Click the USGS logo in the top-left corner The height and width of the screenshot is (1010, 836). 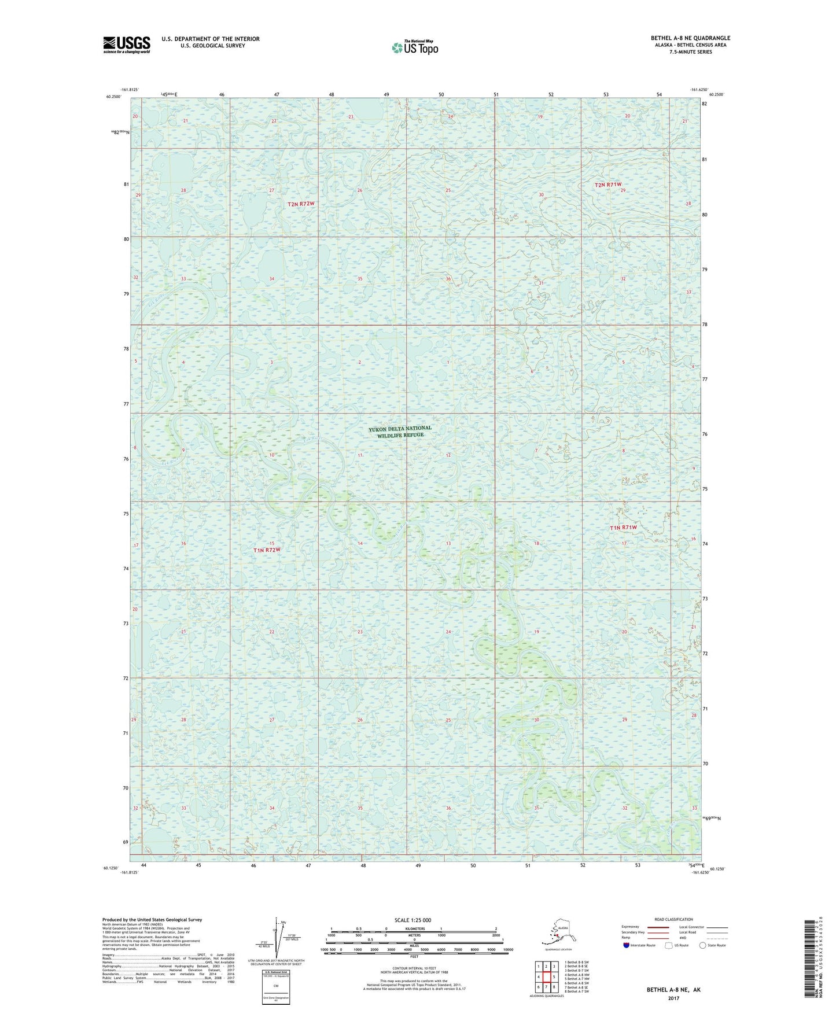[x=127, y=45]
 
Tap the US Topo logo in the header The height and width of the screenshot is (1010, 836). [x=415, y=47]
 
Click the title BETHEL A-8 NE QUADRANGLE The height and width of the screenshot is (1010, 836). [x=690, y=38]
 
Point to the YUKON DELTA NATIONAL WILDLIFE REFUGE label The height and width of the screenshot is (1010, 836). [x=400, y=432]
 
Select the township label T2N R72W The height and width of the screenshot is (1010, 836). [x=301, y=204]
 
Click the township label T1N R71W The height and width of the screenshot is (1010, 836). [x=623, y=528]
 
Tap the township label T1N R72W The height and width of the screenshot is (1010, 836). [x=267, y=550]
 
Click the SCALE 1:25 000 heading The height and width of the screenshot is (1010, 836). [x=413, y=920]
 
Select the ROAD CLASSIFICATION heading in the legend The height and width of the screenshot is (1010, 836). [x=673, y=919]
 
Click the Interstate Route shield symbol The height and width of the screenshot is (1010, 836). [x=627, y=945]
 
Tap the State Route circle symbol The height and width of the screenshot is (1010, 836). [x=703, y=945]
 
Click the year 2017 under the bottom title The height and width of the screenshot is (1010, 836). [x=673, y=998]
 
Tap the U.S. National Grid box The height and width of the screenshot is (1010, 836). [x=276, y=986]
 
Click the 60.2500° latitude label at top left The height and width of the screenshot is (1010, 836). [x=113, y=97]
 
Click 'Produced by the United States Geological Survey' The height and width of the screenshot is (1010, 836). [x=152, y=919]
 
